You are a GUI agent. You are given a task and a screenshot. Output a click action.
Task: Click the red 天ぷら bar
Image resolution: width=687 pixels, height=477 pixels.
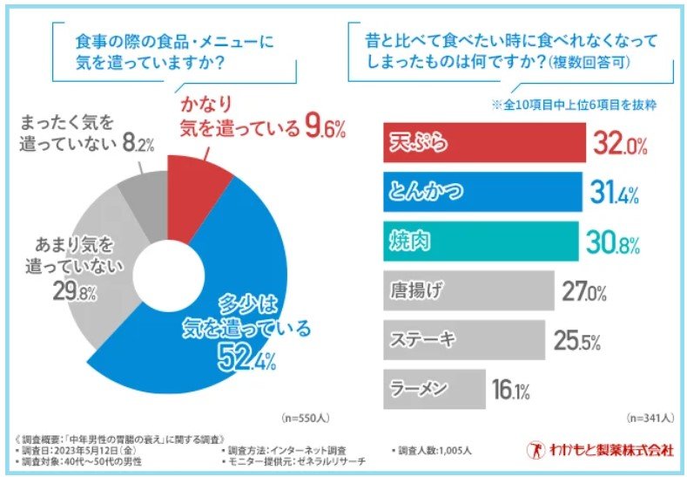[x=483, y=143]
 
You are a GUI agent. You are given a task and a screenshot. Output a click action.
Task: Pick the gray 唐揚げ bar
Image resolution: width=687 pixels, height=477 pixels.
[x=468, y=291]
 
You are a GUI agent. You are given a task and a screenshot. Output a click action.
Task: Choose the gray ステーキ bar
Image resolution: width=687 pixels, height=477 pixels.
[x=464, y=340]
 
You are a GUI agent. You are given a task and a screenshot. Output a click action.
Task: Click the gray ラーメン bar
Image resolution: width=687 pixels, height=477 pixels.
[x=434, y=389]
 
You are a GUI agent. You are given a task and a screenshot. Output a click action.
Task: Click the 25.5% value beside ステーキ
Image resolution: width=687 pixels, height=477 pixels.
[x=577, y=341]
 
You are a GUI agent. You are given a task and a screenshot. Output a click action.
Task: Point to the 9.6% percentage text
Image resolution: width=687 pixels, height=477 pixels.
[x=325, y=128]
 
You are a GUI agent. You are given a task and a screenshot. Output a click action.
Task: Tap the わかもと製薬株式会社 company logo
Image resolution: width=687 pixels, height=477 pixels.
[x=600, y=450]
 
